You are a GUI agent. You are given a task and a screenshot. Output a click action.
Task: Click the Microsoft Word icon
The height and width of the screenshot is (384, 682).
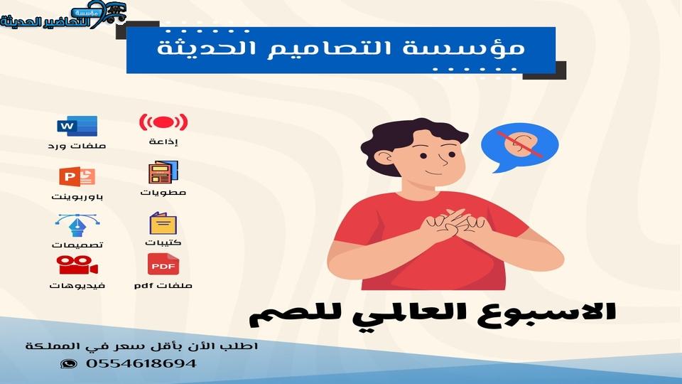point(77,127)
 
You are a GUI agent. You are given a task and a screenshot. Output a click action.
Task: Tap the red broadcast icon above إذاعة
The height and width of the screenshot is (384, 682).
point(163,122)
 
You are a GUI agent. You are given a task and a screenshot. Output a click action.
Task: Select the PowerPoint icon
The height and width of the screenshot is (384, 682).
point(77,176)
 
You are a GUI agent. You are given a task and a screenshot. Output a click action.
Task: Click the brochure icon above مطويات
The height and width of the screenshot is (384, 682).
point(163,172)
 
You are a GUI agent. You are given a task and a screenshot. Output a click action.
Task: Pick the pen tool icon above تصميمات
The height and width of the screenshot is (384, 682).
point(77,225)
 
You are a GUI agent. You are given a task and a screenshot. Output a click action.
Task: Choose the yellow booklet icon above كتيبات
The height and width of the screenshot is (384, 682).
point(163,223)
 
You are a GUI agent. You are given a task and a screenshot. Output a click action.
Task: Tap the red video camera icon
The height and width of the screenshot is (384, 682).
point(77,265)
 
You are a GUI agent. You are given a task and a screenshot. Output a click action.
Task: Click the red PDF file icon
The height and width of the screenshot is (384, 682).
point(163,264)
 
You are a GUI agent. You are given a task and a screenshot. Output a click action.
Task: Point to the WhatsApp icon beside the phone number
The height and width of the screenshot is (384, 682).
point(69,363)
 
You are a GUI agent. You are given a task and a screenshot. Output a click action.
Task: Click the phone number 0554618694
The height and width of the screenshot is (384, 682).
point(141,363)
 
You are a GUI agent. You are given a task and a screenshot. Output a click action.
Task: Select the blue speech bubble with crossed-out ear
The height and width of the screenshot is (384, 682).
point(520,147)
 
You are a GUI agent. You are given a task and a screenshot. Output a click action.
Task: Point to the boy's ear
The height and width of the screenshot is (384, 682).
point(384,157)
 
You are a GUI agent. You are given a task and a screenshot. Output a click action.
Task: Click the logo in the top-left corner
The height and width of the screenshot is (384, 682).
point(63,16)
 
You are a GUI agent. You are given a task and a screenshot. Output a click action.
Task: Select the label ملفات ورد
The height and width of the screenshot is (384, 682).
point(77,146)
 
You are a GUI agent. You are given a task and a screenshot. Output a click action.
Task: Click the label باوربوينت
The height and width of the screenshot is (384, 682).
point(77,197)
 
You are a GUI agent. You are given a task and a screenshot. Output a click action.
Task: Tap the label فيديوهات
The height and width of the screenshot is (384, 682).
point(77,286)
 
